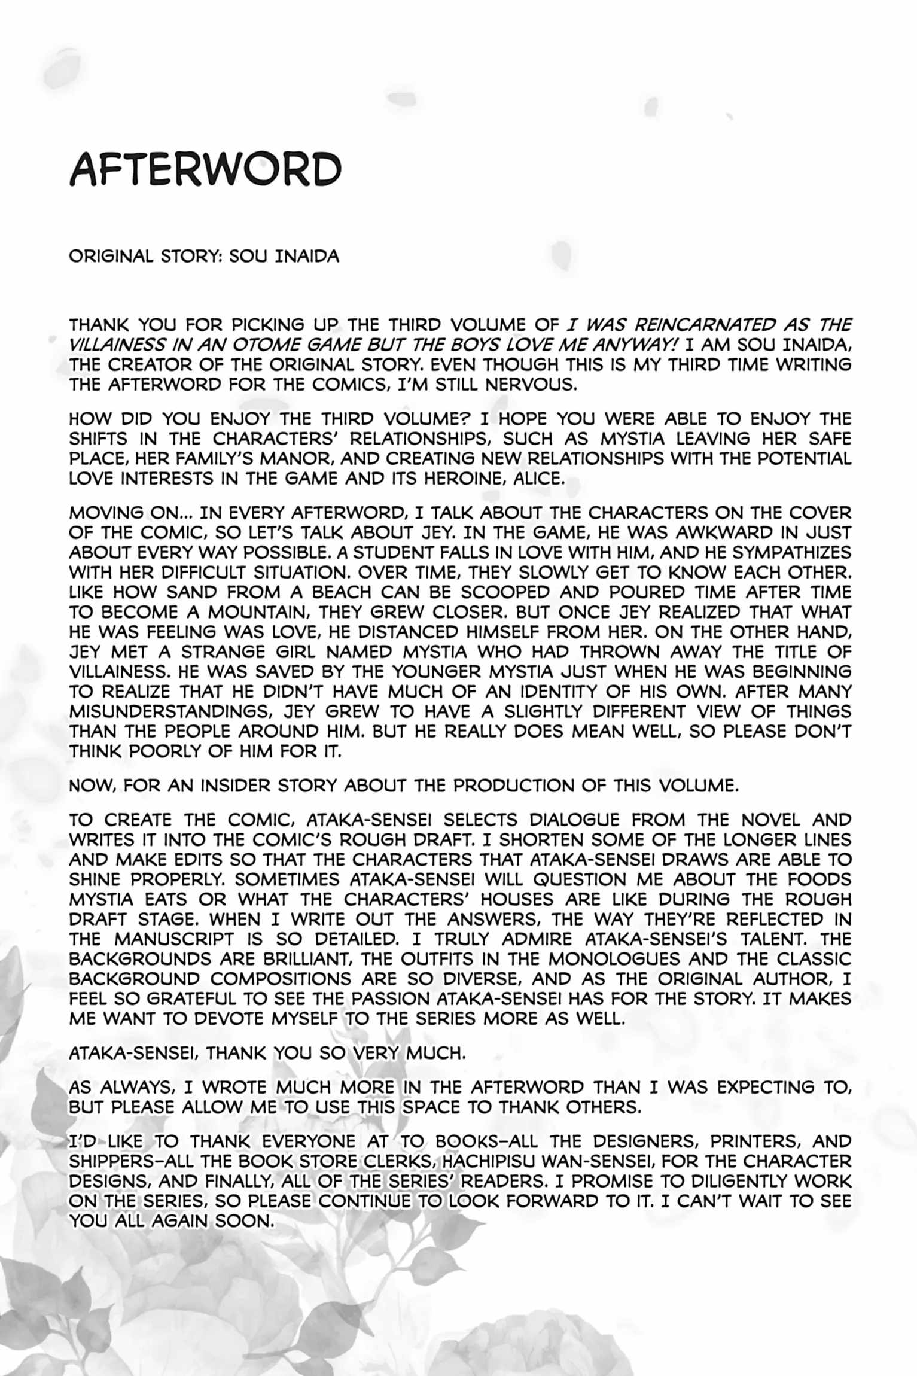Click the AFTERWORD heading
point(205,169)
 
